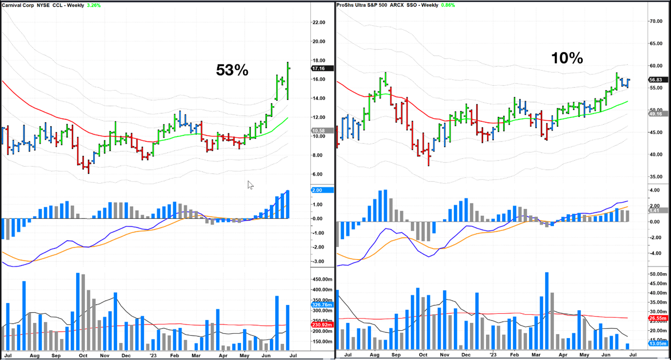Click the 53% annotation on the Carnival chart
click(232, 70)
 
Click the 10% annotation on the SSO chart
click(567, 59)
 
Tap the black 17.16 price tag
click(322, 69)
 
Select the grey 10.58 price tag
click(322, 131)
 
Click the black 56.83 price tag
click(657, 80)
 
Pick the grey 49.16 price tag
click(657, 114)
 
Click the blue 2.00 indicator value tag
click(322, 190)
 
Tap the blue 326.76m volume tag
click(322, 305)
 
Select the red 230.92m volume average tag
click(322, 325)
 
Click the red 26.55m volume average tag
click(657, 318)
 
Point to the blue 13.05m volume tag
click(657, 344)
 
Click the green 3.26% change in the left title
click(93, 5)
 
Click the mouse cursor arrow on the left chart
click(250, 184)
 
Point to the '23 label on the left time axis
click(153, 356)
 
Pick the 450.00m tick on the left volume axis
click(322, 280)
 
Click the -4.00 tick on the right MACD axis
click(654, 253)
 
